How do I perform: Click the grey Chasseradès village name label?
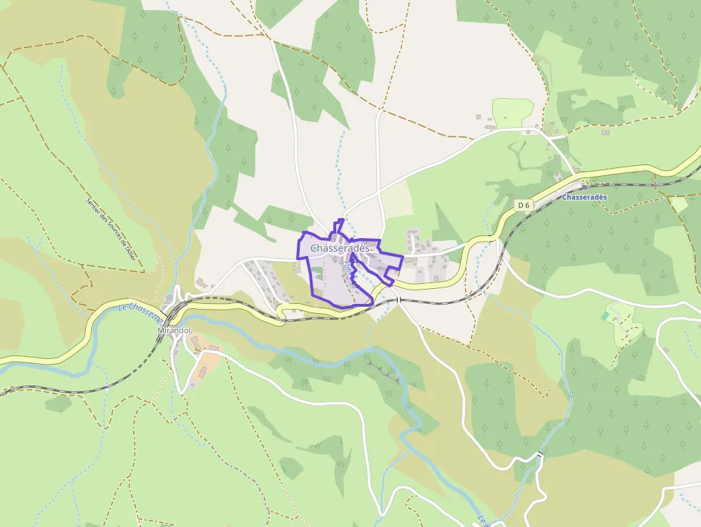(340, 248)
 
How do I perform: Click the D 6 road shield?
(524, 205)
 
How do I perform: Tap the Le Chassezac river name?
(139, 312)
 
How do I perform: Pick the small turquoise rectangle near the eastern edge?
(605, 315)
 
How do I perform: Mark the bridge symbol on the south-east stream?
(539, 455)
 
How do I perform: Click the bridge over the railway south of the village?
(398, 300)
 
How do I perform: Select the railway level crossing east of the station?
(654, 184)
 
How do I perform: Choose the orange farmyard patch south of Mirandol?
(208, 353)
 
